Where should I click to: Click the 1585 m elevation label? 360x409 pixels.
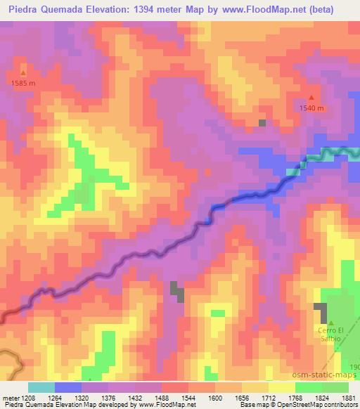[23, 83]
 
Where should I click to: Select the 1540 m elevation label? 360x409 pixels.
[311, 108]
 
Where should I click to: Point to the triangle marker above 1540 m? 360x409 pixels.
[311, 98]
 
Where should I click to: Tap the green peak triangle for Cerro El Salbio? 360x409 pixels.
[330, 323]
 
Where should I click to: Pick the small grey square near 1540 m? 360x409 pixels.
[262, 123]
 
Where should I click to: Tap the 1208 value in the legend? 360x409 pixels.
[27, 397]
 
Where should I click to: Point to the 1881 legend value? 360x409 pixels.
[349, 397]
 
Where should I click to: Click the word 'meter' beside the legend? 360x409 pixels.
[10, 397]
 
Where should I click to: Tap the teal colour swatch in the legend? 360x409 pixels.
[41, 387]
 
